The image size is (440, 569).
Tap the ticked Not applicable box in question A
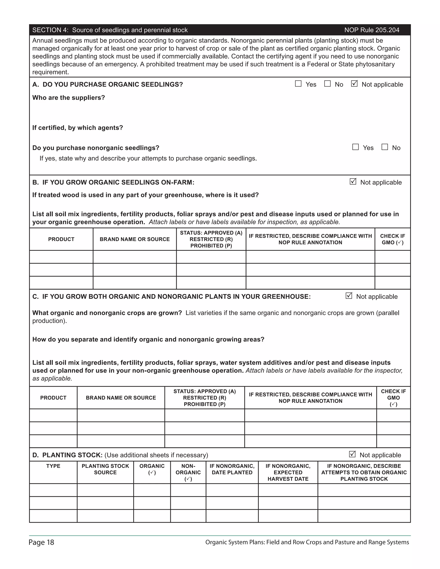(x=354, y=84)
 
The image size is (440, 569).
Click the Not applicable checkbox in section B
(x=353, y=182)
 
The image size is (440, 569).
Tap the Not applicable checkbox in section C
(x=349, y=296)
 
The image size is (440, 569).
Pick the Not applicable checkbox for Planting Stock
(x=352, y=454)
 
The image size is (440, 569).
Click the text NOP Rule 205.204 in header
(x=372, y=30)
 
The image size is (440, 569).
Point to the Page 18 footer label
(x=41, y=542)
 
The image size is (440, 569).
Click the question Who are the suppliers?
(x=69, y=98)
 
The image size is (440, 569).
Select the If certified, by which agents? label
(x=77, y=128)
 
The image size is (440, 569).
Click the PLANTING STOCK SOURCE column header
(x=105, y=469)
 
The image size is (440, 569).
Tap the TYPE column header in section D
(x=53, y=466)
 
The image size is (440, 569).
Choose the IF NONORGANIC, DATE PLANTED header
(x=232, y=469)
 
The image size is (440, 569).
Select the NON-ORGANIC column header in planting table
(x=188, y=472)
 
